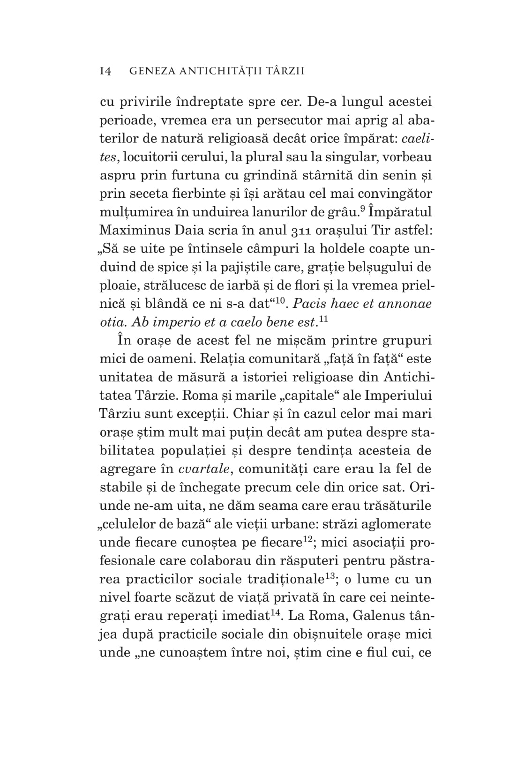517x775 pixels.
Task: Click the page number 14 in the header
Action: [105, 71]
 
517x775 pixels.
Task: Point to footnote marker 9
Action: [362, 208]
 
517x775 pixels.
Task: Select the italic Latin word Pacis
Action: [308, 304]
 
